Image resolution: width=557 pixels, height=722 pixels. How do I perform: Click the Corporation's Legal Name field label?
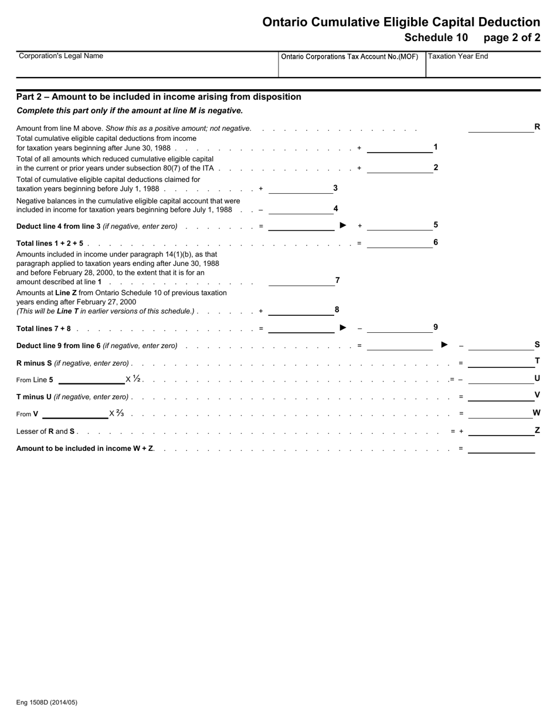click(x=61, y=56)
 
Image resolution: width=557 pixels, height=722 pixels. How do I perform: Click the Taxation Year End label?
click(x=458, y=56)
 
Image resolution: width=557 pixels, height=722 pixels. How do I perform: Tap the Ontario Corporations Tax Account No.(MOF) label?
click(x=349, y=57)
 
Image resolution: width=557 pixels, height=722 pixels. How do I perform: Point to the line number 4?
click(x=336, y=208)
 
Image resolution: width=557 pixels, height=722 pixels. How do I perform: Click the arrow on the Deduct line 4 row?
click(x=343, y=225)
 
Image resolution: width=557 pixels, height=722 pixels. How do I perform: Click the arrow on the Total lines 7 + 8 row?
click(x=343, y=328)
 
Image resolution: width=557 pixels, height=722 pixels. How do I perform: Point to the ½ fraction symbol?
click(x=137, y=379)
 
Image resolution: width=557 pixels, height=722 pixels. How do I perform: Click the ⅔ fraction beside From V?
click(x=120, y=413)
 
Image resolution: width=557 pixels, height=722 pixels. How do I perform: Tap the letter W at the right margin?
click(x=536, y=413)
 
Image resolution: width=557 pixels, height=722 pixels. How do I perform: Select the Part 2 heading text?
click(x=158, y=97)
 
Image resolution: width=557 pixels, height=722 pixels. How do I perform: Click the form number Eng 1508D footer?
click(x=47, y=702)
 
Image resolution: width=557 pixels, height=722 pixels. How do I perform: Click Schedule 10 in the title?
click(x=436, y=38)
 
